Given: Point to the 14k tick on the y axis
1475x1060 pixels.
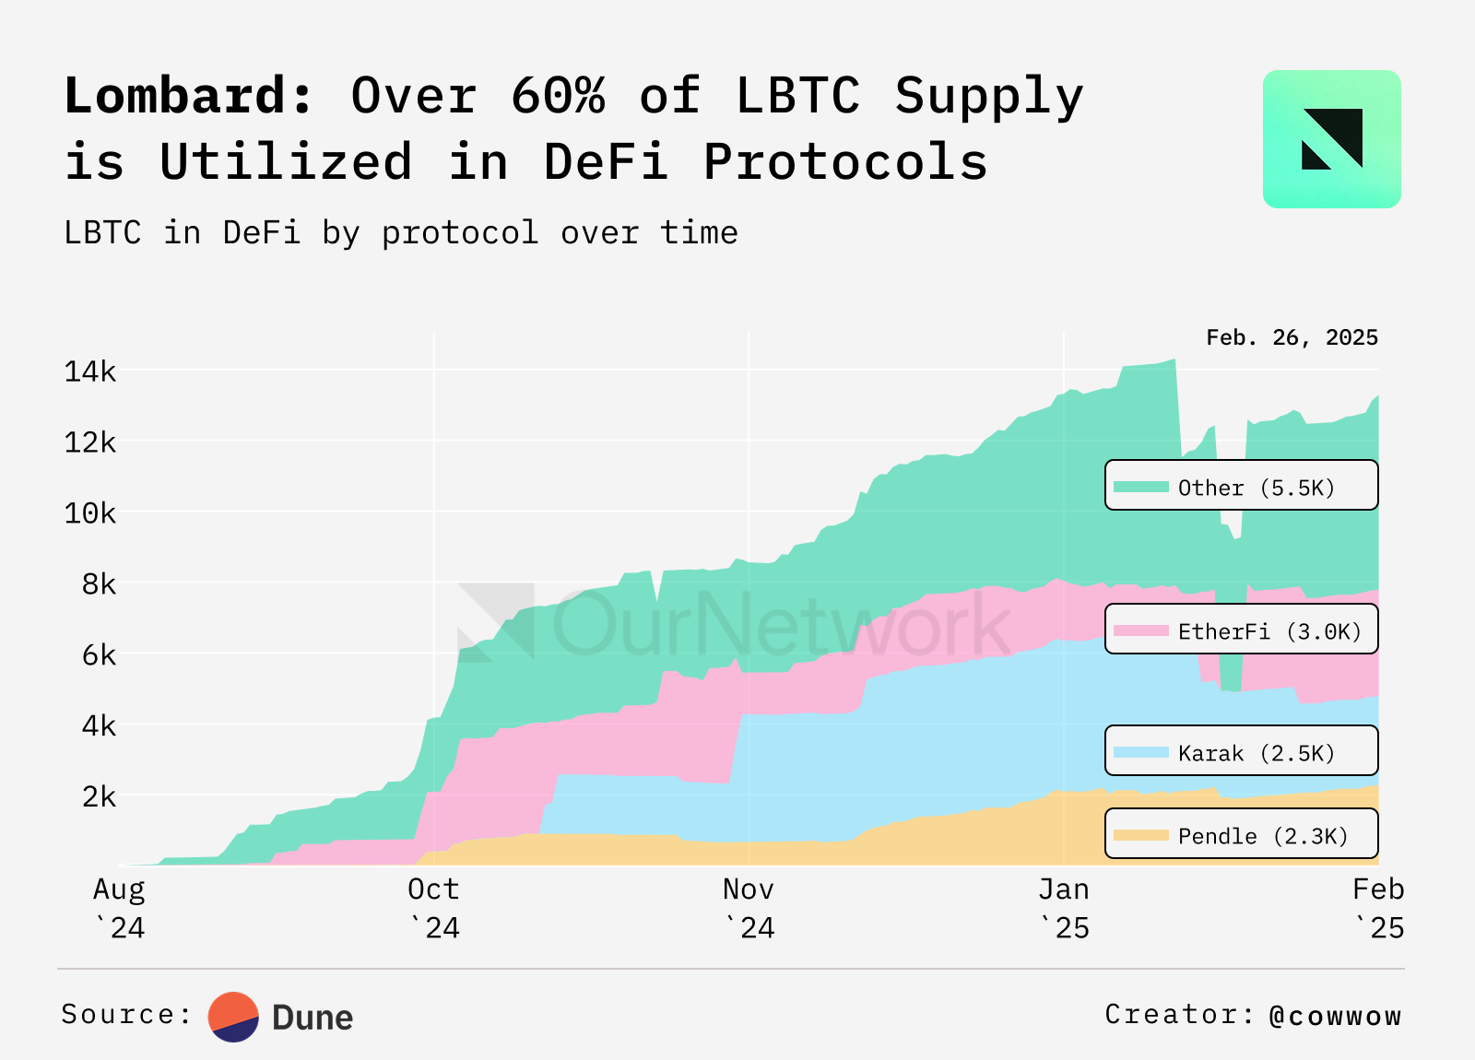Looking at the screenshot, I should [x=89, y=371].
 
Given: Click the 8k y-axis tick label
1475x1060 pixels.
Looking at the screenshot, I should [x=99, y=584].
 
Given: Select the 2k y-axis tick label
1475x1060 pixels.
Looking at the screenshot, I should [x=99, y=796].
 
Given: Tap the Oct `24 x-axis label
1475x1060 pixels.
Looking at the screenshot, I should [x=433, y=908].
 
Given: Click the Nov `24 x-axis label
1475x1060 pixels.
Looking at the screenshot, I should [x=749, y=908].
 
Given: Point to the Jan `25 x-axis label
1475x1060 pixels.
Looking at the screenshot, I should [x=1064, y=908].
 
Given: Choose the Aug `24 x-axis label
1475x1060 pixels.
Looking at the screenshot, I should [x=119, y=908].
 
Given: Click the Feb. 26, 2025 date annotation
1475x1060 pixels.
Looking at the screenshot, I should [x=1292, y=337].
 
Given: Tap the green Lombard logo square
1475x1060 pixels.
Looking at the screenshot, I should [x=1331, y=139].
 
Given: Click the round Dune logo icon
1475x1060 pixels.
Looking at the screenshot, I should [x=233, y=1017].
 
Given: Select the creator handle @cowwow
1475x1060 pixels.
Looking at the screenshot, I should [x=1335, y=1016].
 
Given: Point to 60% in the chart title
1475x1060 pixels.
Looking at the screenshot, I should [x=558, y=96].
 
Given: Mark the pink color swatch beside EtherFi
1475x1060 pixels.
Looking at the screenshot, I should [x=1140, y=631].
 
